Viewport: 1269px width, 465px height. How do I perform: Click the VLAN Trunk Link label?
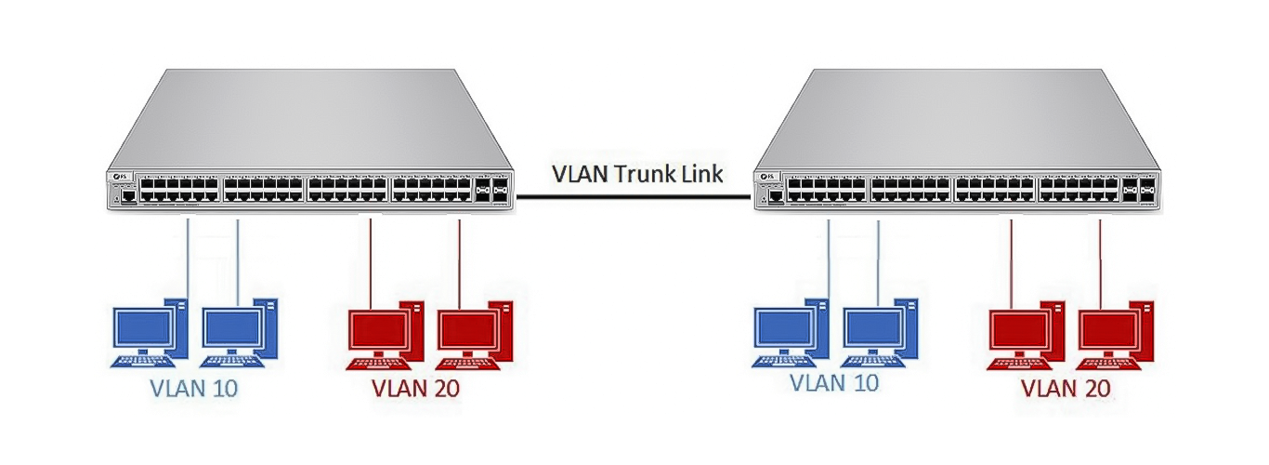pyautogui.click(x=636, y=174)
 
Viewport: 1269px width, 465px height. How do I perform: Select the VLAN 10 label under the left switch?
pyautogui.click(x=193, y=388)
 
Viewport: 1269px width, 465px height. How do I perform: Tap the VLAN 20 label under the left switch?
pyautogui.click(x=415, y=388)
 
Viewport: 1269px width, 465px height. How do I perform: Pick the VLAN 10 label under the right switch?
pyautogui.click(x=833, y=382)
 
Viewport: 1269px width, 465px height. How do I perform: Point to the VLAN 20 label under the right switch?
pyautogui.click(x=1065, y=390)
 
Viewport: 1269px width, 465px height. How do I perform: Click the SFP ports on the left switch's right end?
pyautogui.click(x=491, y=191)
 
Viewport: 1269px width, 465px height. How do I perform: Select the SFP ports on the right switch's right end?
pyautogui.click(x=1138, y=190)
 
